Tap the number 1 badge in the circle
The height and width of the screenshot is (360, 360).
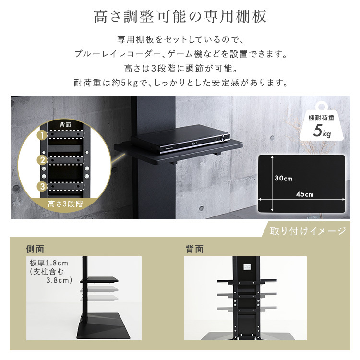(43, 136)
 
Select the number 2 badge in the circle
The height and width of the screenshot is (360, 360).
(43, 160)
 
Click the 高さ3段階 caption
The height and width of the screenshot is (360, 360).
(65, 204)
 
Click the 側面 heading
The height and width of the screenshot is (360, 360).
(35, 249)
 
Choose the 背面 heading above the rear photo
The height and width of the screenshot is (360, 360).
(194, 249)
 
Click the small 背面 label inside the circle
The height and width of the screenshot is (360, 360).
(65, 125)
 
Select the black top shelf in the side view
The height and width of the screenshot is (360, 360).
(101, 279)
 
